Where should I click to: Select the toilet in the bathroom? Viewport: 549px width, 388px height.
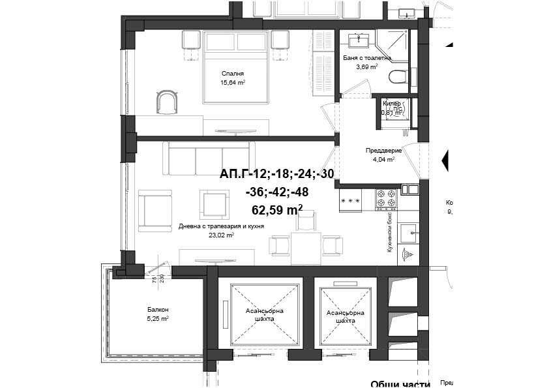pyautogui.click(x=397, y=77)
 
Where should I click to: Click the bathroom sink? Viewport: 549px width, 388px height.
pyautogui.click(x=357, y=40)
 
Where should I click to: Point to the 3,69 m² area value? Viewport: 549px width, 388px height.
pyautogui.click(x=366, y=66)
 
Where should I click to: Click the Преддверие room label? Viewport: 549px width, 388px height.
pyautogui.click(x=383, y=150)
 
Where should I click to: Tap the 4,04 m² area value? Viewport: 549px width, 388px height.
pyautogui.click(x=383, y=159)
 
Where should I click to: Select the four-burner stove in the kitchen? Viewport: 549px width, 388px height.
pyautogui.click(x=384, y=198)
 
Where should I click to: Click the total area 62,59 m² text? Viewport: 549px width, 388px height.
pyautogui.click(x=276, y=209)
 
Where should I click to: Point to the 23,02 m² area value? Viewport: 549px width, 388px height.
pyautogui.click(x=221, y=235)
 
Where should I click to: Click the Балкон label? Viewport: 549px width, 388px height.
pyautogui.click(x=158, y=309)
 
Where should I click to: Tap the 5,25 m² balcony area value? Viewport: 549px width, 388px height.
pyautogui.click(x=158, y=318)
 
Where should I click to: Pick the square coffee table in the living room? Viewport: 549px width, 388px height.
pyautogui.click(x=214, y=203)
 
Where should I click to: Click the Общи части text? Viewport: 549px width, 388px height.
pyautogui.click(x=400, y=384)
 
